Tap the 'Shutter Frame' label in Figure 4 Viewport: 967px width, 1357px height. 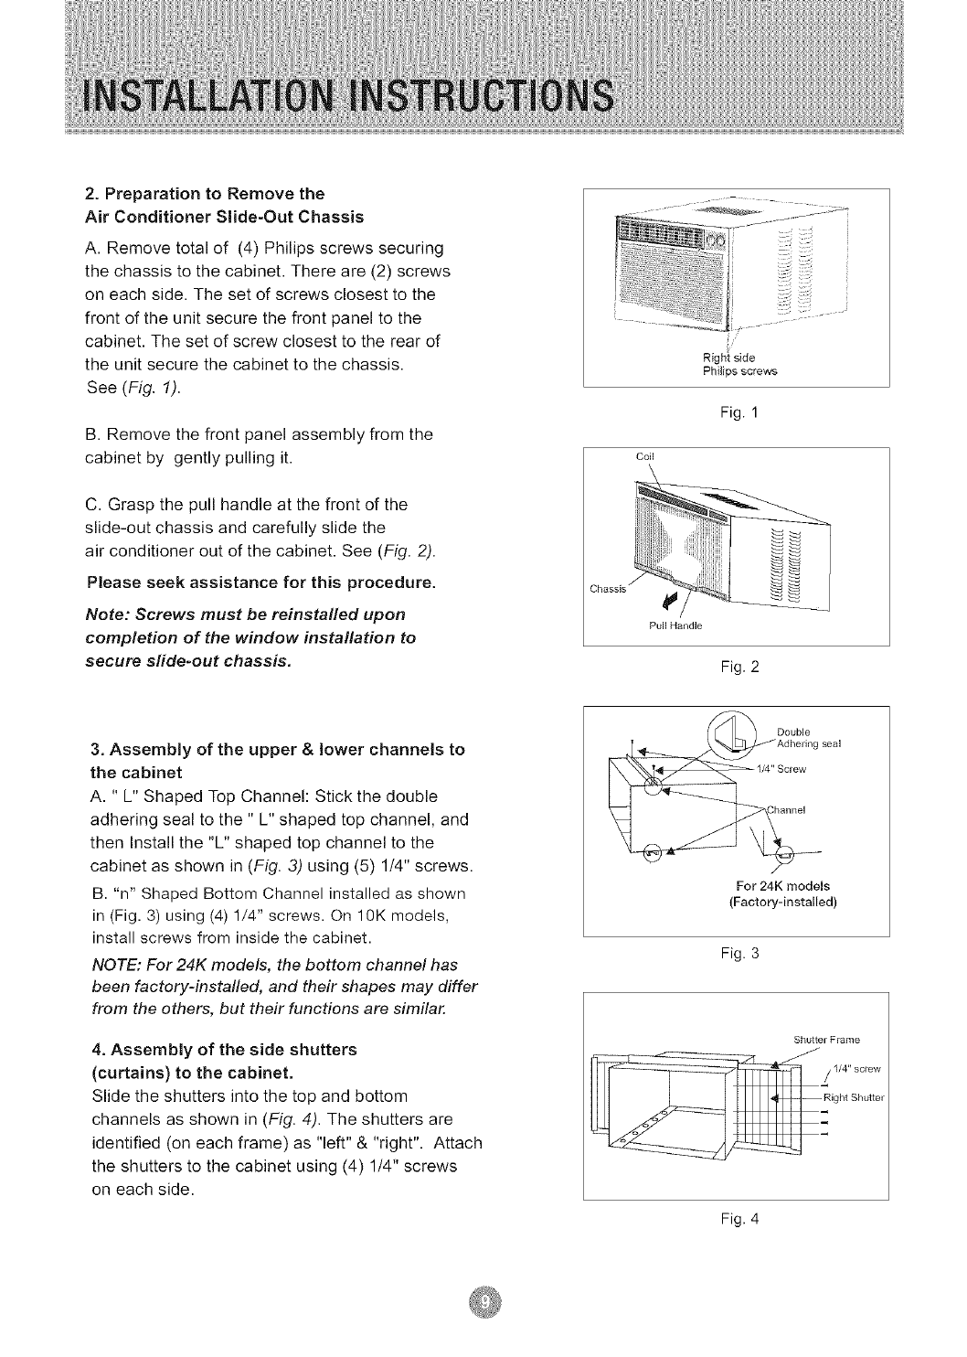point(827,1039)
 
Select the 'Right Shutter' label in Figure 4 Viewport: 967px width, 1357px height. point(850,1098)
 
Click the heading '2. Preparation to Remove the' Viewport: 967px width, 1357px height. point(205,194)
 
